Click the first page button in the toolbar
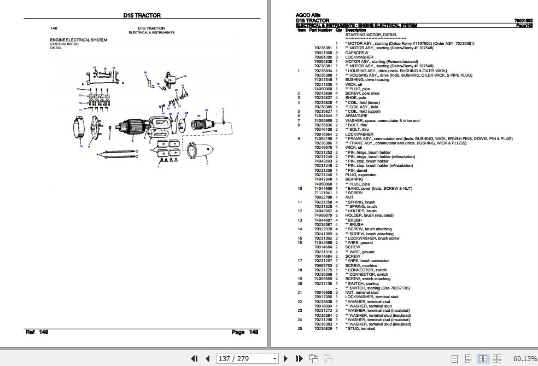(x=194, y=358)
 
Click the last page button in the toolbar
(x=298, y=358)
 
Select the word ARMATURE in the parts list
(x=356, y=116)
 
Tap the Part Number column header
(x=321, y=30)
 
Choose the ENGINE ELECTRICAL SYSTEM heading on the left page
(x=79, y=40)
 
